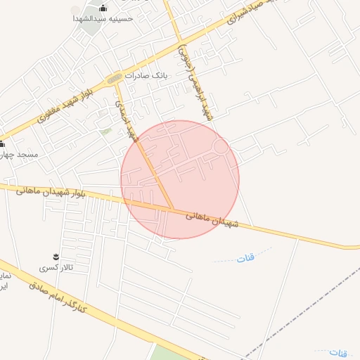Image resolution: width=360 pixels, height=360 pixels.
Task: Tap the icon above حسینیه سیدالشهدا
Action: point(104,8)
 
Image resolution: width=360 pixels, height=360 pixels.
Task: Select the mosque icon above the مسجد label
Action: point(2,143)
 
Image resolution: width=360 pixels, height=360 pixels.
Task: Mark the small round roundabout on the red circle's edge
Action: point(221,147)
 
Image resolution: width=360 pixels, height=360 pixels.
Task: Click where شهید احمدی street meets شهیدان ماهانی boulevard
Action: point(173,209)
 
